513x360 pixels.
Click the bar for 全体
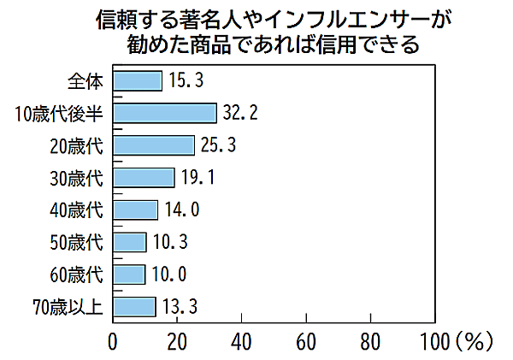(137, 81)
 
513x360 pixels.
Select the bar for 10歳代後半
(164, 113)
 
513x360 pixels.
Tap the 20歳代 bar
(153, 145)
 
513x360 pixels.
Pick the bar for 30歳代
(143, 177)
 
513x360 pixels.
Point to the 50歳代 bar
(129, 242)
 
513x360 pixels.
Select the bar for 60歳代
(128, 274)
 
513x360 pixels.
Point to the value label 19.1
(198, 177)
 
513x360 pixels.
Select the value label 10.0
(168, 274)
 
